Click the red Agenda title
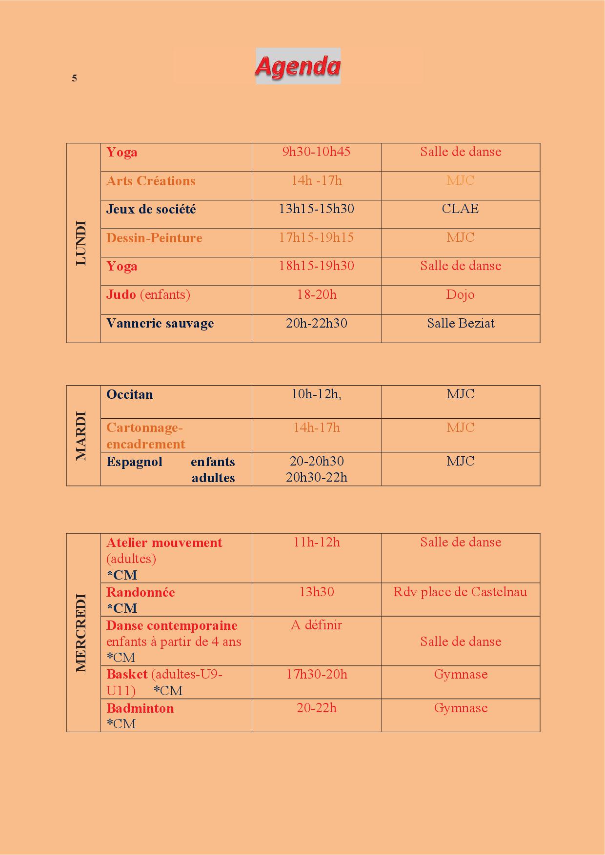(298, 66)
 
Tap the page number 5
(74, 78)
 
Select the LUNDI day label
(81, 243)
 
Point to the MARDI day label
(81, 436)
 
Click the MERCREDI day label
(81, 633)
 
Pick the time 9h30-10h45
(316, 152)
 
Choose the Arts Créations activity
(151, 181)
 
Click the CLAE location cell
(460, 209)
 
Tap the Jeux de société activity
(151, 210)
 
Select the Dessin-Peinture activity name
(154, 238)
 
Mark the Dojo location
(460, 295)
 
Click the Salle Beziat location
(461, 323)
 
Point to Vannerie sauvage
(160, 324)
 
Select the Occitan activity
(129, 394)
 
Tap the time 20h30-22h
(316, 477)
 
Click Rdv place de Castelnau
(460, 592)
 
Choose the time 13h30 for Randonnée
(316, 592)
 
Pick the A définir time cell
(316, 625)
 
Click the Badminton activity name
(140, 708)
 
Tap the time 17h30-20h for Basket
(316, 675)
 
